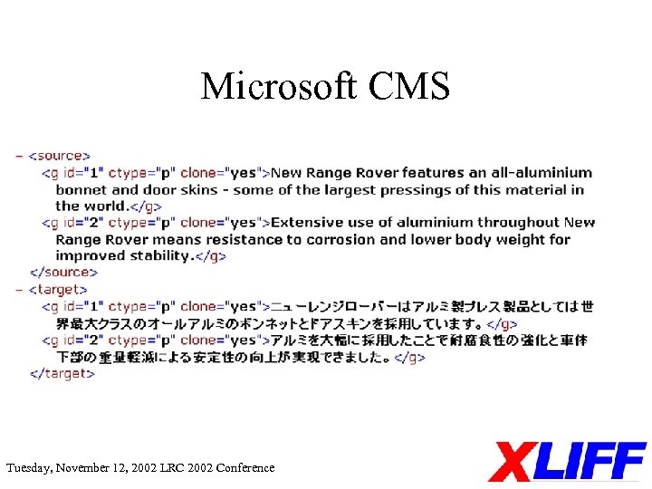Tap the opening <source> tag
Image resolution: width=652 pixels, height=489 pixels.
coord(61,156)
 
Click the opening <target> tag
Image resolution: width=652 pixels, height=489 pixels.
coord(59,290)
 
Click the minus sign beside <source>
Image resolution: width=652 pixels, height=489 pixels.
coord(19,156)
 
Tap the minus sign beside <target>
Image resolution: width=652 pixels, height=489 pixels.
coord(19,290)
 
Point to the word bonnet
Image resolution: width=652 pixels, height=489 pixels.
coord(81,189)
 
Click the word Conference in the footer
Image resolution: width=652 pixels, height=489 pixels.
coord(244,468)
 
